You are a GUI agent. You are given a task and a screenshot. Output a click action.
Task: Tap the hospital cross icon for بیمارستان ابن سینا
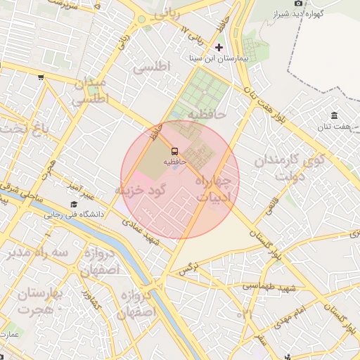[219, 48]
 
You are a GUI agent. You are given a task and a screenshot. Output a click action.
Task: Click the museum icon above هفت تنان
[333, 115]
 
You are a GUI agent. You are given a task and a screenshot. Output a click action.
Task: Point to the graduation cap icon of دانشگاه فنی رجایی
[73, 204]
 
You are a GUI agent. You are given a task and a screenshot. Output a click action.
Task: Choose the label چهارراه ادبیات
[217, 188]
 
